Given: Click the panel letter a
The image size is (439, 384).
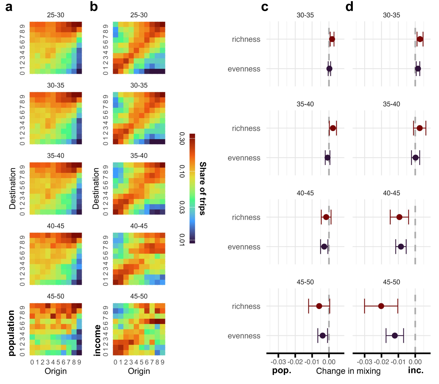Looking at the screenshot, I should click(9, 7).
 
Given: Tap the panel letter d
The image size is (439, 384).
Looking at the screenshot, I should click(349, 7).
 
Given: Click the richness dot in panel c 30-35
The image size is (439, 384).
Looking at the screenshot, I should click(332, 39).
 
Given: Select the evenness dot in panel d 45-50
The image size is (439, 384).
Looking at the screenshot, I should click(395, 336).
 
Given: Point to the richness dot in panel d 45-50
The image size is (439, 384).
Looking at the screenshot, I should click(381, 306).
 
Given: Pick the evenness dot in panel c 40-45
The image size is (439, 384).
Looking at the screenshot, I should click(324, 247).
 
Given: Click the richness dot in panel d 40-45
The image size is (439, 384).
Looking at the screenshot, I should click(399, 217).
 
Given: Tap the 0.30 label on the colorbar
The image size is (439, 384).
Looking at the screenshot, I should click(182, 138).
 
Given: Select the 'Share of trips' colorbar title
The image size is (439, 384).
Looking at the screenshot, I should click(202, 188).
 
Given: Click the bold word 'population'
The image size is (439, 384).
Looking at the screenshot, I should click(11, 333).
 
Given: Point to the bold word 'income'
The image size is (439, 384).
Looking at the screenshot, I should click(97, 340).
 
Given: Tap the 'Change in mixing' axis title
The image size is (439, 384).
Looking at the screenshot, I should click(348, 371).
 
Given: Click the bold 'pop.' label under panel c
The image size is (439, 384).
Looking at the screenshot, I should click(281, 371).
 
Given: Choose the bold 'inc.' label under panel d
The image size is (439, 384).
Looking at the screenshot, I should click(415, 370).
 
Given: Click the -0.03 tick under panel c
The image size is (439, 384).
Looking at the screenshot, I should click(278, 362).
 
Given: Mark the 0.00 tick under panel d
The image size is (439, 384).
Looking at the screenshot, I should click(415, 362).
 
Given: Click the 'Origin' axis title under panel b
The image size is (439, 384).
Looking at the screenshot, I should click(139, 371).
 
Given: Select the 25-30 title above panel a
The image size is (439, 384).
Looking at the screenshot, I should click(56, 15).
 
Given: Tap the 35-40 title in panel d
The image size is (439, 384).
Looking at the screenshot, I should click(391, 104).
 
